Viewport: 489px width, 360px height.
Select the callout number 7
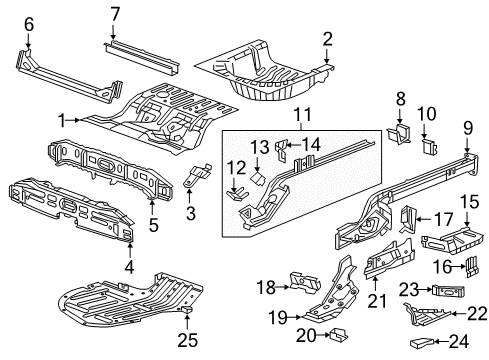(x=114, y=13)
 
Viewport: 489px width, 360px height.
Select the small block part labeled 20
(x=339, y=332)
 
